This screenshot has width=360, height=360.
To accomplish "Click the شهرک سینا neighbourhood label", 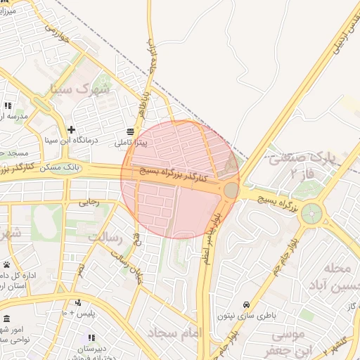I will coord(82,89).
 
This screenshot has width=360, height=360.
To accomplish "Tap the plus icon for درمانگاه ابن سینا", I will coord(70,129).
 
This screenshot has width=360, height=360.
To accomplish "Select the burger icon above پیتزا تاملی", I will coord(131,131).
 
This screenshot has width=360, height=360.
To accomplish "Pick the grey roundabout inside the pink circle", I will coord(231,190).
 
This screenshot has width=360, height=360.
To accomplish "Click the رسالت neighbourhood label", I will coord(105,238).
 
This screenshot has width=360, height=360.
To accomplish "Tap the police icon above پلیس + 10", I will coord(78,302).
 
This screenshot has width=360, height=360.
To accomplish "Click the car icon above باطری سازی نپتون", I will coord(246,304).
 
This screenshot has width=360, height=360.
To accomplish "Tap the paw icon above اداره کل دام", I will coord(6,264).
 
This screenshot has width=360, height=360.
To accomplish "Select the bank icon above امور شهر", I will coord(6,319).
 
